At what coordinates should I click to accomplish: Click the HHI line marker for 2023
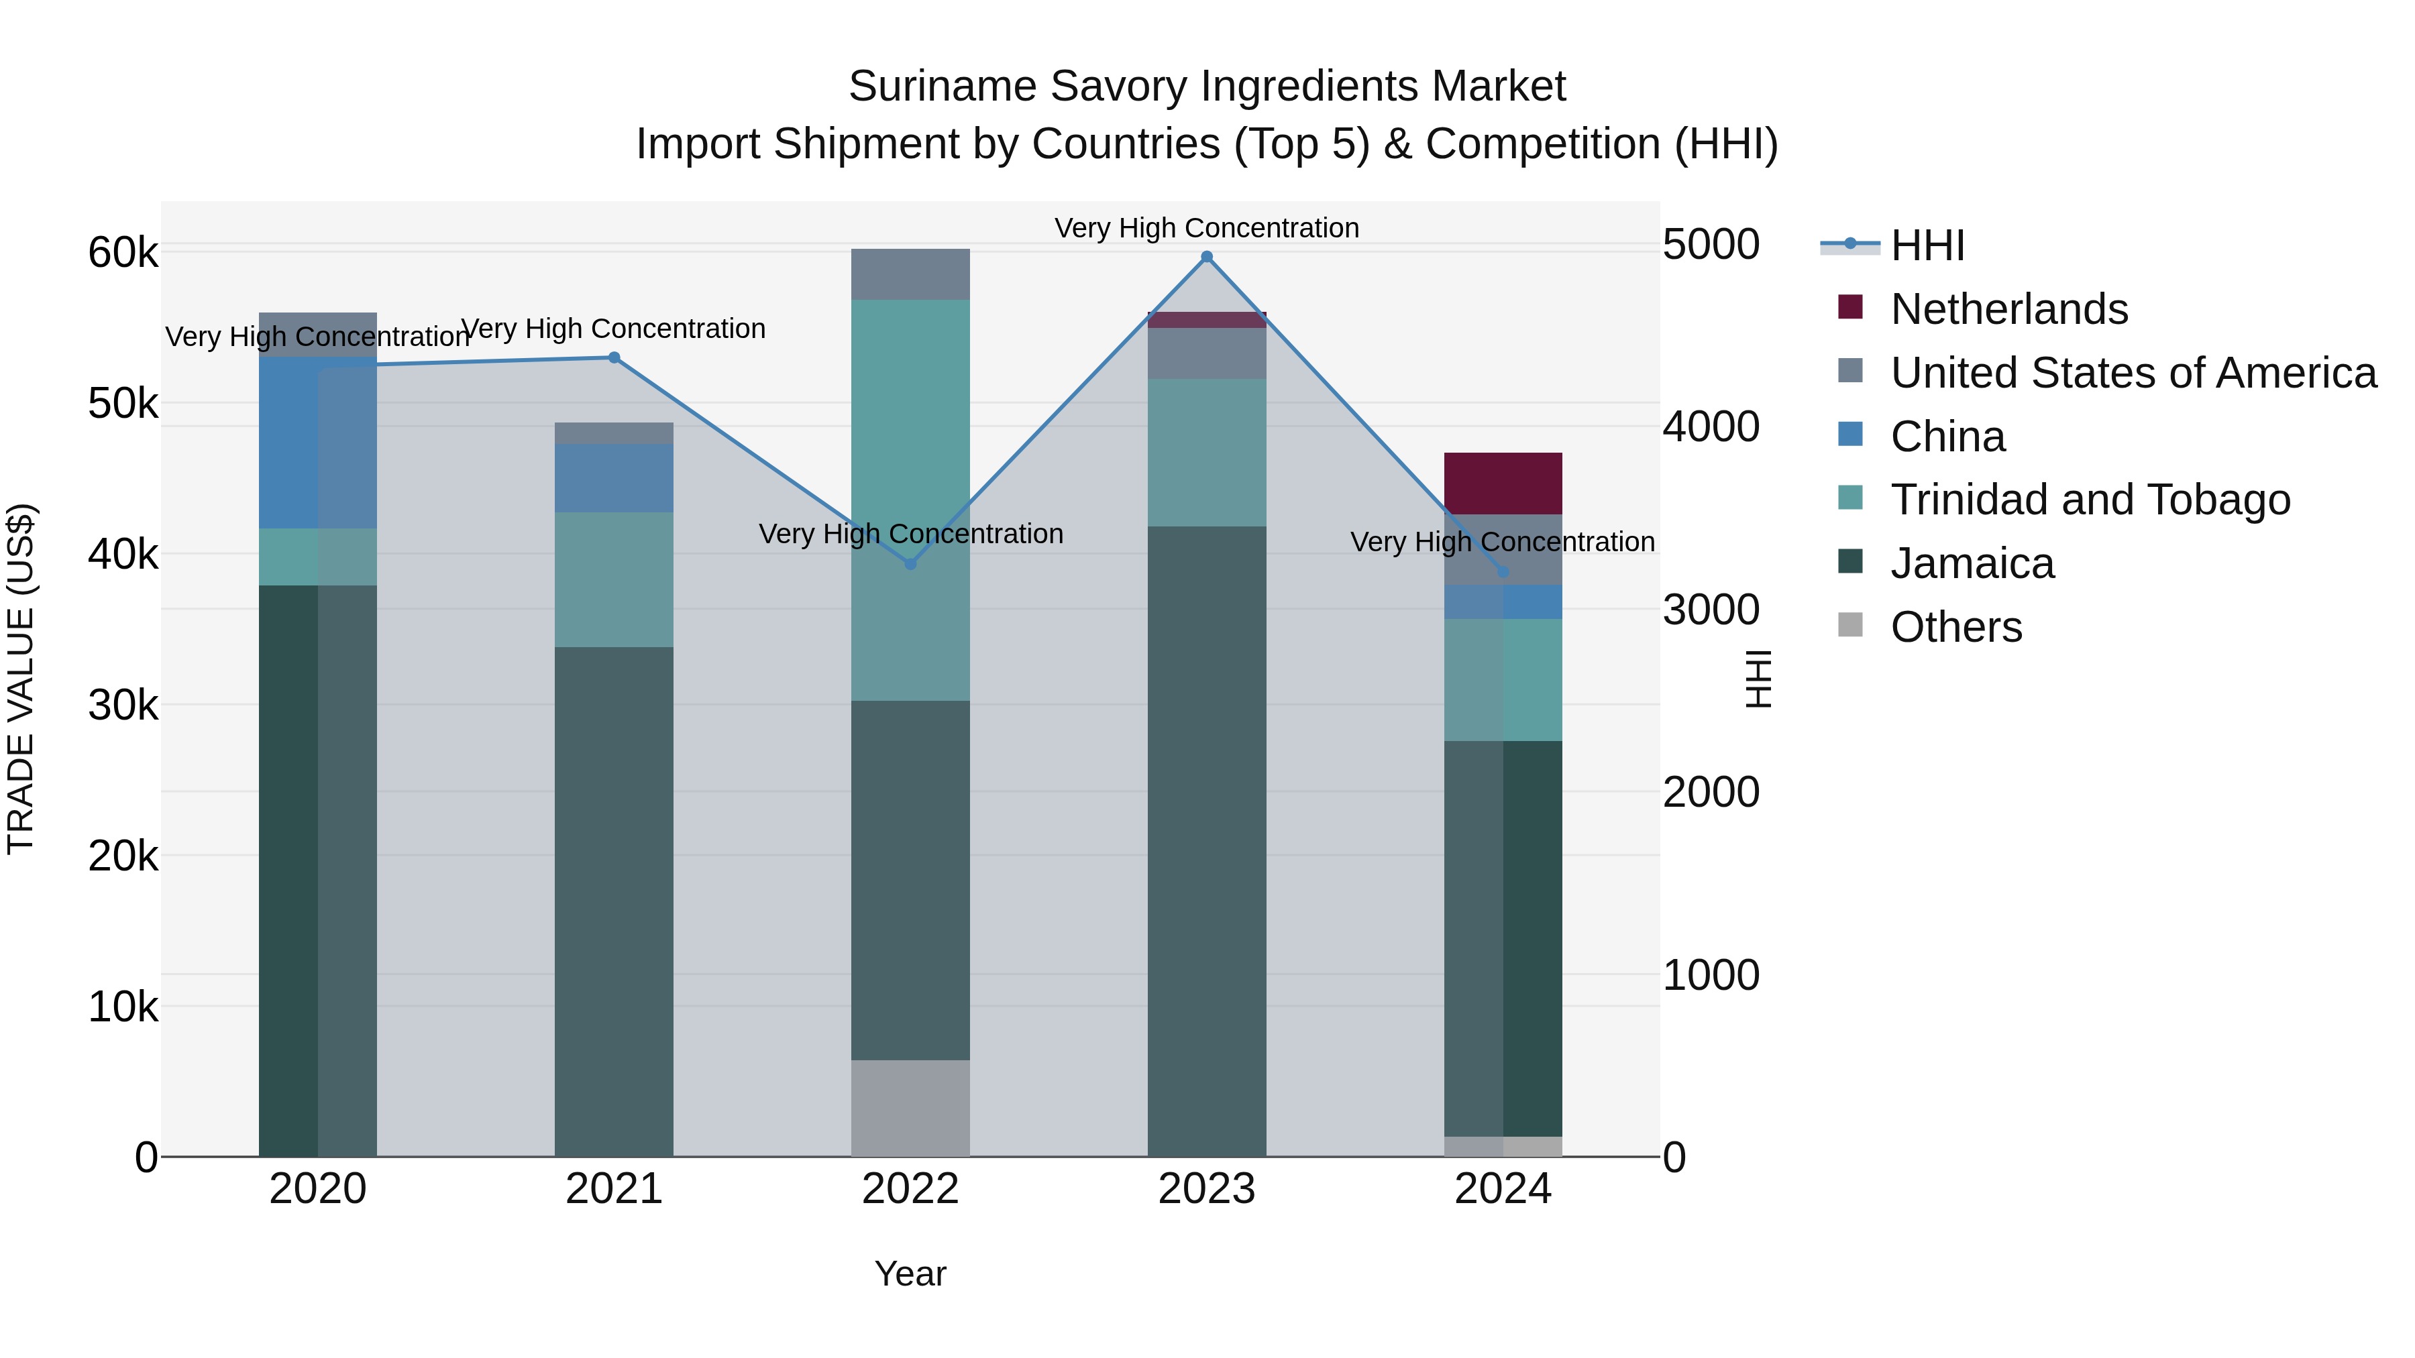(1207, 257)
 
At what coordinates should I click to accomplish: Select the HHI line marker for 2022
(910, 563)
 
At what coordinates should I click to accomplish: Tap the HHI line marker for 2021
(614, 357)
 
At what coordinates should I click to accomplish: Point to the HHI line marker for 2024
(1503, 571)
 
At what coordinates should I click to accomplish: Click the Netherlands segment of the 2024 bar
(1503, 484)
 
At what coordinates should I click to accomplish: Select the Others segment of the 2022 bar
(910, 1108)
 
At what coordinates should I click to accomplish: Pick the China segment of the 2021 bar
(614, 478)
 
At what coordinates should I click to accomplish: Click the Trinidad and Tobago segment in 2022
(910, 500)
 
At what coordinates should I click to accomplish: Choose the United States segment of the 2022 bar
(910, 274)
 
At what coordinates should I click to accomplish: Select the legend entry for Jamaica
(1972, 563)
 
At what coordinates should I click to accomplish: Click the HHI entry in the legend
(1927, 245)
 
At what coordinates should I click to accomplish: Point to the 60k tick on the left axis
(123, 252)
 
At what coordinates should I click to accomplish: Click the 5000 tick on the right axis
(1711, 245)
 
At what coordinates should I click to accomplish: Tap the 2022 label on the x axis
(910, 1189)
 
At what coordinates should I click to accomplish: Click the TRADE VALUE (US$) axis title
(21, 679)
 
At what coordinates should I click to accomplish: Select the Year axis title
(910, 1274)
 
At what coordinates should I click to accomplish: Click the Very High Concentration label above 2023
(1207, 228)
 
